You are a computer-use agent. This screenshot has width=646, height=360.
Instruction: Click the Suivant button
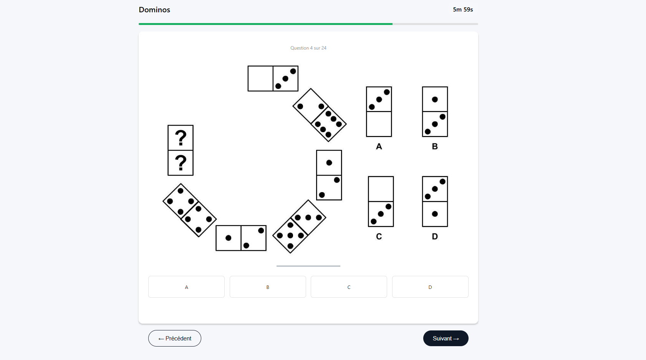click(x=446, y=338)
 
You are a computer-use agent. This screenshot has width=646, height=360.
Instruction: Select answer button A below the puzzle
click(x=186, y=287)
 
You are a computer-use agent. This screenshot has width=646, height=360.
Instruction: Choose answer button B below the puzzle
click(x=268, y=287)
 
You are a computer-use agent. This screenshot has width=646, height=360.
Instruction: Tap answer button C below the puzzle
click(x=349, y=287)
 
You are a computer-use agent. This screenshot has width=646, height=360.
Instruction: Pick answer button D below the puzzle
click(x=430, y=287)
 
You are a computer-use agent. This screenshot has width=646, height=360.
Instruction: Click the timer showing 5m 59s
click(x=462, y=10)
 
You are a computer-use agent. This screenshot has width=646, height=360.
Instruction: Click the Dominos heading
click(x=154, y=10)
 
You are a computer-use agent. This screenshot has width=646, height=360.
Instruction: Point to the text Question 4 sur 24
click(x=308, y=48)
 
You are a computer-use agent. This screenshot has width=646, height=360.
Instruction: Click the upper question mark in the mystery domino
click(x=181, y=138)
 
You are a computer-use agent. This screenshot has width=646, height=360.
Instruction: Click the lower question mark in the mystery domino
click(x=181, y=163)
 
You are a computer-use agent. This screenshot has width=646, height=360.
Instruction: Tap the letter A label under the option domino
click(x=379, y=146)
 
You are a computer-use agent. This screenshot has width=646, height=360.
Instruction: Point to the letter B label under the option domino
click(x=435, y=146)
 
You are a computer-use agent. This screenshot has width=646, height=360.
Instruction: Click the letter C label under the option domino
click(x=379, y=237)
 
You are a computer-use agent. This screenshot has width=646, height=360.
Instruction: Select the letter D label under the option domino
click(x=435, y=237)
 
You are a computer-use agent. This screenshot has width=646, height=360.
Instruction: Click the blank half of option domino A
click(x=379, y=124)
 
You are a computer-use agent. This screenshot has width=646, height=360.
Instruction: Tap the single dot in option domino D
click(x=435, y=214)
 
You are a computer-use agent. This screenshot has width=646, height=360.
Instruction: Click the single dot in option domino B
click(x=435, y=100)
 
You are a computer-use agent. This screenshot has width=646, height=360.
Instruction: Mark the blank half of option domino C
click(x=381, y=189)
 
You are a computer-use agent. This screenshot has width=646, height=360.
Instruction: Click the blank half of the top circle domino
click(x=260, y=78)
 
